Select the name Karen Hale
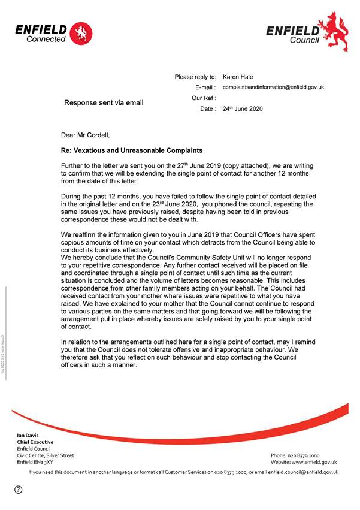tap(238, 77)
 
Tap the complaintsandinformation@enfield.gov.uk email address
tap(273, 87)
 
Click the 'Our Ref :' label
tap(204, 98)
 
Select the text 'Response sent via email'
tap(104, 102)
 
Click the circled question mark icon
tap(19, 491)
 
